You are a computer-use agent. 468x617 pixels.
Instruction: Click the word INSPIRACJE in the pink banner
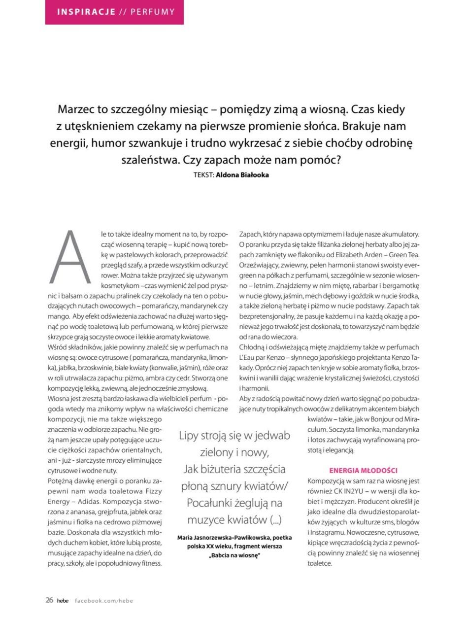tap(86, 11)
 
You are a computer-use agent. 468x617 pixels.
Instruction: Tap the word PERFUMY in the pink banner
tap(153, 11)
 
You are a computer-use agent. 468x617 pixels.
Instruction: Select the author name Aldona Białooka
tap(242, 174)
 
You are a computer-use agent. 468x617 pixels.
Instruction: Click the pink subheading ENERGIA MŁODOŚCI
tap(363, 471)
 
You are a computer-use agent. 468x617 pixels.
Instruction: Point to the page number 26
tap(49, 600)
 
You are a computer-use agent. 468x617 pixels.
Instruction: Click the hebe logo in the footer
tap(63, 600)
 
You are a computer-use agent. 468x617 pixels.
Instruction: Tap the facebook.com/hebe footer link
tap(104, 600)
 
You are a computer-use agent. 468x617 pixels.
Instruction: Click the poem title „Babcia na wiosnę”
tap(234, 555)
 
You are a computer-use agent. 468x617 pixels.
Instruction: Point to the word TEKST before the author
tap(203, 174)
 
